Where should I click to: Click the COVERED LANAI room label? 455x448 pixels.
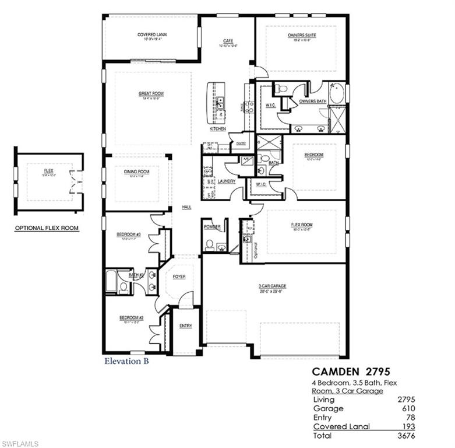153,35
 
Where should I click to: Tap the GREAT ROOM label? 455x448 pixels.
151,93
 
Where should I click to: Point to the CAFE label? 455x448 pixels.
228,41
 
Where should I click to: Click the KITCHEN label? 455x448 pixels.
218,128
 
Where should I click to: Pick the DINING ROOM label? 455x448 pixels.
136,171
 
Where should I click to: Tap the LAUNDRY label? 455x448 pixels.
227,181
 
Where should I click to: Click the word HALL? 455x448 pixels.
186,207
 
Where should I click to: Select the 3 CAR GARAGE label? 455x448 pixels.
273,286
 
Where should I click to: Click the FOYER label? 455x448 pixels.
179,276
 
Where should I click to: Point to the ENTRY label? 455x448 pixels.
186,325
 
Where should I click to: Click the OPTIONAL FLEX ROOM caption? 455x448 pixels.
47,228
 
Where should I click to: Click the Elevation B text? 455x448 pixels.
126,361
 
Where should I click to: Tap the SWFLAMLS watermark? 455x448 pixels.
19,443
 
